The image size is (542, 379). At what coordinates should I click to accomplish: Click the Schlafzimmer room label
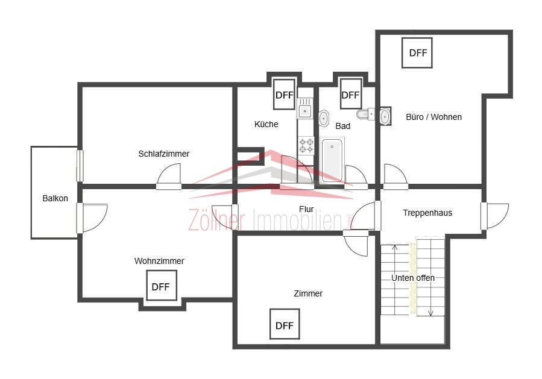point(164,154)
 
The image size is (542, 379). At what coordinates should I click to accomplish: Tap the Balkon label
point(55,198)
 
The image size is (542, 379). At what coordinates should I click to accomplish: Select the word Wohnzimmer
point(159,261)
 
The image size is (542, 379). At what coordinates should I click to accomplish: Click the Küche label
point(266,124)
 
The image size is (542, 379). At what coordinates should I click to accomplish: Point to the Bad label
point(342,126)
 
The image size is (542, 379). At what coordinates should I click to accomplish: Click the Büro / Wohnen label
point(434,117)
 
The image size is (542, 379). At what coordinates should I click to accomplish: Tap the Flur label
point(306,209)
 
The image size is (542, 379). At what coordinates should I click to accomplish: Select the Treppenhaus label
point(427,213)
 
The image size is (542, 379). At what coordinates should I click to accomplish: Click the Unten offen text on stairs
point(413,278)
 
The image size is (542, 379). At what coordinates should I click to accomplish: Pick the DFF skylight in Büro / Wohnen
point(417,53)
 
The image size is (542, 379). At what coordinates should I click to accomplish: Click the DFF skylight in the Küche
point(284,95)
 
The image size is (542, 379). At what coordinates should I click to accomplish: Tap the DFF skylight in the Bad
point(350,95)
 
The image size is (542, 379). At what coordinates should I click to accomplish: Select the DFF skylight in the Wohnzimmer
point(162,286)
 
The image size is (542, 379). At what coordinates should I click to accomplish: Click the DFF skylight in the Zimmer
point(285,324)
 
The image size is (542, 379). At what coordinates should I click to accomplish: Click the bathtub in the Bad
point(332,160)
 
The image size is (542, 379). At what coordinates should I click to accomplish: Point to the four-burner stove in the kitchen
point(306,145)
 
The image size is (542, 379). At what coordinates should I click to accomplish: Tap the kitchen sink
point(305,111)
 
